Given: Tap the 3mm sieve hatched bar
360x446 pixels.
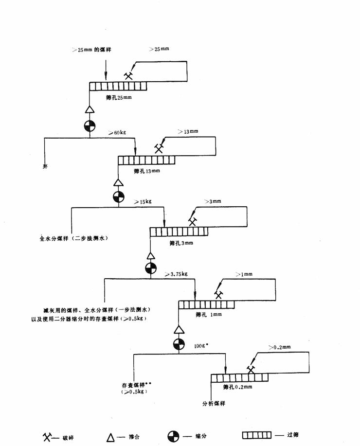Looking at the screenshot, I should (x=178, y=232).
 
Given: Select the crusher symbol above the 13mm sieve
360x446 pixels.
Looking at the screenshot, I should (x=159, y=148).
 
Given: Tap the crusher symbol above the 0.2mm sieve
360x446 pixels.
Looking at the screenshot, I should (x=251, y=369).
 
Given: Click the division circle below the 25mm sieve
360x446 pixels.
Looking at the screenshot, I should (x=89, y=125).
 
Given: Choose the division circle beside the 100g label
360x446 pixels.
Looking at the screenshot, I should (x=179, y=344).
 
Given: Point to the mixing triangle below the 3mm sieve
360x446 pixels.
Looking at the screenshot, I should (x=151, y=255).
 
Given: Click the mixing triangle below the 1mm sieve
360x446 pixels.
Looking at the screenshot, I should (x=179, y=329).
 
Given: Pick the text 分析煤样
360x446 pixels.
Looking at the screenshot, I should (x=214, y=403).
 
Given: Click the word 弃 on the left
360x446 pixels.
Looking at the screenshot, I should (x=45, y=166).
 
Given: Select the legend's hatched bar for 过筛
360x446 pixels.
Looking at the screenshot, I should (x=259, y=435).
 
